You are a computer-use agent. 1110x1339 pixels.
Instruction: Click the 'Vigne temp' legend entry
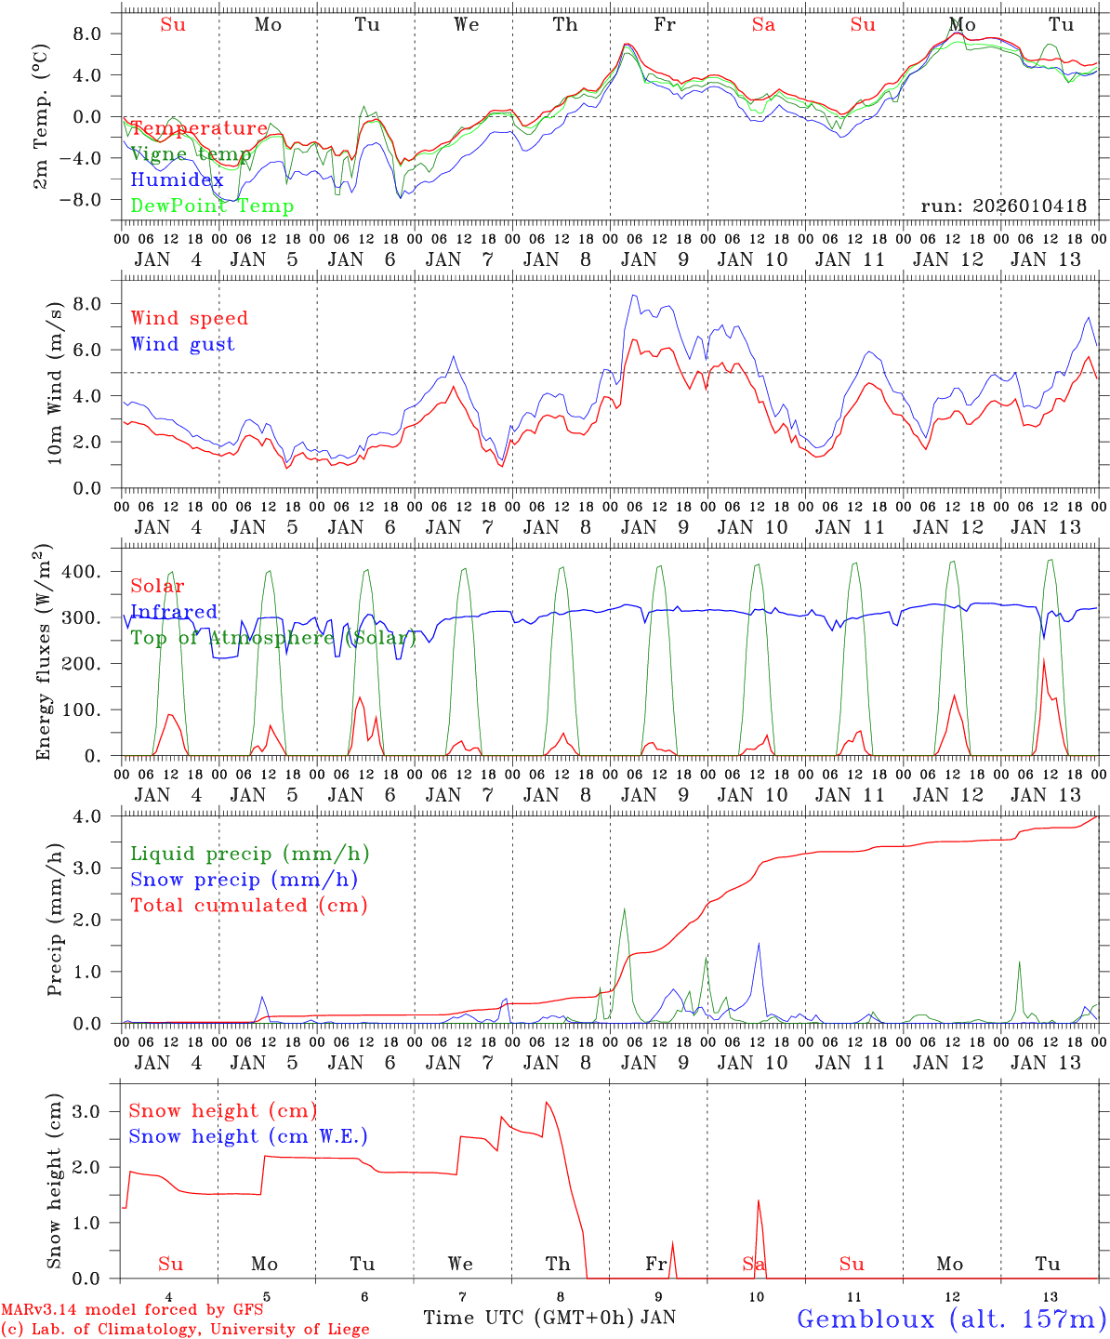(x=191, y=154)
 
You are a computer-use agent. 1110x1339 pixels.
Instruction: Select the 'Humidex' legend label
(x=178, y=180)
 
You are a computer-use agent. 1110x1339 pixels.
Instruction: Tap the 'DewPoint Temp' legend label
(x=212, y=206)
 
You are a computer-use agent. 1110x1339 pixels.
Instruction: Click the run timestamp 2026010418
(x=1004, y=206)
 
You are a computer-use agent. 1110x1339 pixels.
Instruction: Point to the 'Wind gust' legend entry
(x=183, y=344)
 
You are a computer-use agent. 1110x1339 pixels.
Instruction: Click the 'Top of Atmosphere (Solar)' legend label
(x=273, y=638)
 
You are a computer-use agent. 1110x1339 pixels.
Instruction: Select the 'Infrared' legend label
(x=175, y=612)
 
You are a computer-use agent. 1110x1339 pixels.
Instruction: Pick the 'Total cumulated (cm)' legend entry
(x=249, y=906)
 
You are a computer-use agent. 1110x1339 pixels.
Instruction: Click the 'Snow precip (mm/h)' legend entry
(x=244, y=880)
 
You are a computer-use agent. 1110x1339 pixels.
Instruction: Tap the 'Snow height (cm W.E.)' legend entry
(x=248, y=1136)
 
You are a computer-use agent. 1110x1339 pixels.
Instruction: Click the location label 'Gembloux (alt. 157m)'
(x=951, y=1319)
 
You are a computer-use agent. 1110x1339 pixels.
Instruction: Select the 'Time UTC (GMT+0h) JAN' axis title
(x=549, y=1318)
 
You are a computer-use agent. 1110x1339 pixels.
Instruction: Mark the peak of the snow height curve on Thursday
(x=547, y=1103)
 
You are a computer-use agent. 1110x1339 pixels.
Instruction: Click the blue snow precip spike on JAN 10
(x=759, y=944)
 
